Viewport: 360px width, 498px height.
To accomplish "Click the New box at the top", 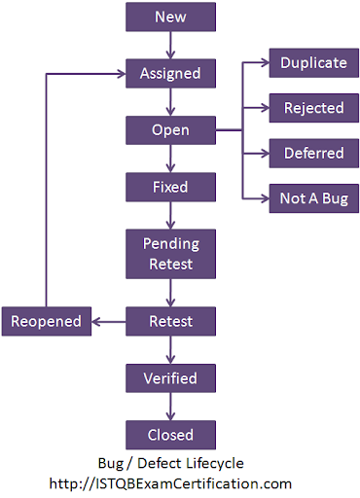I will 170,17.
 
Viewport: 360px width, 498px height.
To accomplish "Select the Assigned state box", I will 170,73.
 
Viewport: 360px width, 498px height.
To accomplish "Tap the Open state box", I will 170,129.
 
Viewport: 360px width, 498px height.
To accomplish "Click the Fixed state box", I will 170,186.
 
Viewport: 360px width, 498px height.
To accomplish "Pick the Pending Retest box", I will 170,253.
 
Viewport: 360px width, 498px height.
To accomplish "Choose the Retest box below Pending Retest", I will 170,319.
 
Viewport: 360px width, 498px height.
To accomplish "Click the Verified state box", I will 170,377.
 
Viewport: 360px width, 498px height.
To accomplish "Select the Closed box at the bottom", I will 170,434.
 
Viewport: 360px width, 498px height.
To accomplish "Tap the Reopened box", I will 47,319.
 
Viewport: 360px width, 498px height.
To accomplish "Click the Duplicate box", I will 313,62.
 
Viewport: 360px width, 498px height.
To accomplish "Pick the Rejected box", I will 313,107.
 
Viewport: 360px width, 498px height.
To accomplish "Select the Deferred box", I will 313,153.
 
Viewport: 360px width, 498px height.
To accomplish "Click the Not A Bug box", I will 313,198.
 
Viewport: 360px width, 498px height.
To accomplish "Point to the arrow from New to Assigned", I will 170,45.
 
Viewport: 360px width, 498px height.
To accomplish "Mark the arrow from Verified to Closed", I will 170,406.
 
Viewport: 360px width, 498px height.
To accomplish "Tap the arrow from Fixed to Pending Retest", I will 170,215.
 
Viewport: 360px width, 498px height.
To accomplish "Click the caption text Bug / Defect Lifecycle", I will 171,464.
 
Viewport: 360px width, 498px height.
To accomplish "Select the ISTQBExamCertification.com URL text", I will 171,482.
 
